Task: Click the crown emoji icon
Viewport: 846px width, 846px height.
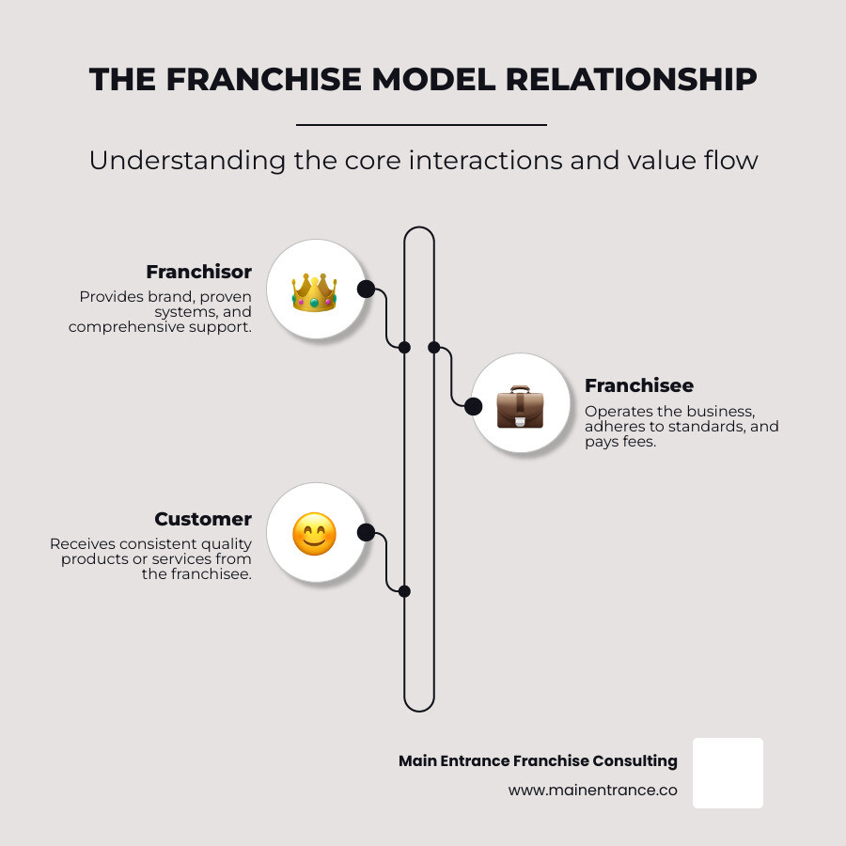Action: click(x=314, y=291)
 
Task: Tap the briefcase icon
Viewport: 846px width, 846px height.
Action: click(x=520, y=406)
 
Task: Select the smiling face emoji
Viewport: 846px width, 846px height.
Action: click(x=314, y=534)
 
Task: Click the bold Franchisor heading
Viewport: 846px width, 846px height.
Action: click(x=198, y=272)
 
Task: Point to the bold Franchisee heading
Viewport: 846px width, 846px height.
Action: click(x=638, y=385)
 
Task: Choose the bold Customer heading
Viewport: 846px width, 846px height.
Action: click(x=203, y=519)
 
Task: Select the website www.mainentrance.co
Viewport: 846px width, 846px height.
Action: click(x=592, y=791)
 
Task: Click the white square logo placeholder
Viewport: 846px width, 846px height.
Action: click(x=728, y=773)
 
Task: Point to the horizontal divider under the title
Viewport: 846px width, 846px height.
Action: click(x=421, y=124)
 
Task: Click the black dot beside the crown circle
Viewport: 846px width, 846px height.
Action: click(x=367, y=289)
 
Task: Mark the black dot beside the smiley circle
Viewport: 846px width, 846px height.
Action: click(x=367, y=533)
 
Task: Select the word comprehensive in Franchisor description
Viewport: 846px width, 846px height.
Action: click(x=125, y=327)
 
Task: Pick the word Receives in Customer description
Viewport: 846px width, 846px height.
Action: click(x=82, y=544)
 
